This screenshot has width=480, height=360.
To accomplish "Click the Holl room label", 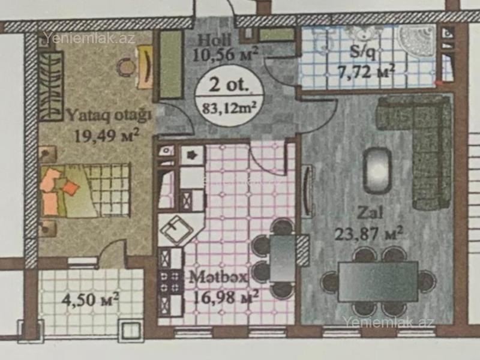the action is pos(214,40).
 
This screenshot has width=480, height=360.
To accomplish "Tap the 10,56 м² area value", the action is pos(225,54).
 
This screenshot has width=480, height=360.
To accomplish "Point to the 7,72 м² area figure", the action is pos(366,71).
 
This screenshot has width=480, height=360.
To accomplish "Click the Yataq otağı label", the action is pos(109,116).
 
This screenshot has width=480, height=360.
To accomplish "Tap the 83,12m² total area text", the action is pos(229,108).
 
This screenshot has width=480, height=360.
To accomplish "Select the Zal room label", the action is pos(370,212).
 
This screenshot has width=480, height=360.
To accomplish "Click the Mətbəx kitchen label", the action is pos(218,278).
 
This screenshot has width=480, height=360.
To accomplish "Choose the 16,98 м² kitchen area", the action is pos(226,297).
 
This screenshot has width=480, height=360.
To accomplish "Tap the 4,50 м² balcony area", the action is pos(90,299).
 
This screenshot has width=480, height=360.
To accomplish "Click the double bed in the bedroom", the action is pos(85,190).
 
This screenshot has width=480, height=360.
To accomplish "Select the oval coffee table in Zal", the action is pos(377,170).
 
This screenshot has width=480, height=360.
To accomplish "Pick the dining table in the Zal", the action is pos(378,281).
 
